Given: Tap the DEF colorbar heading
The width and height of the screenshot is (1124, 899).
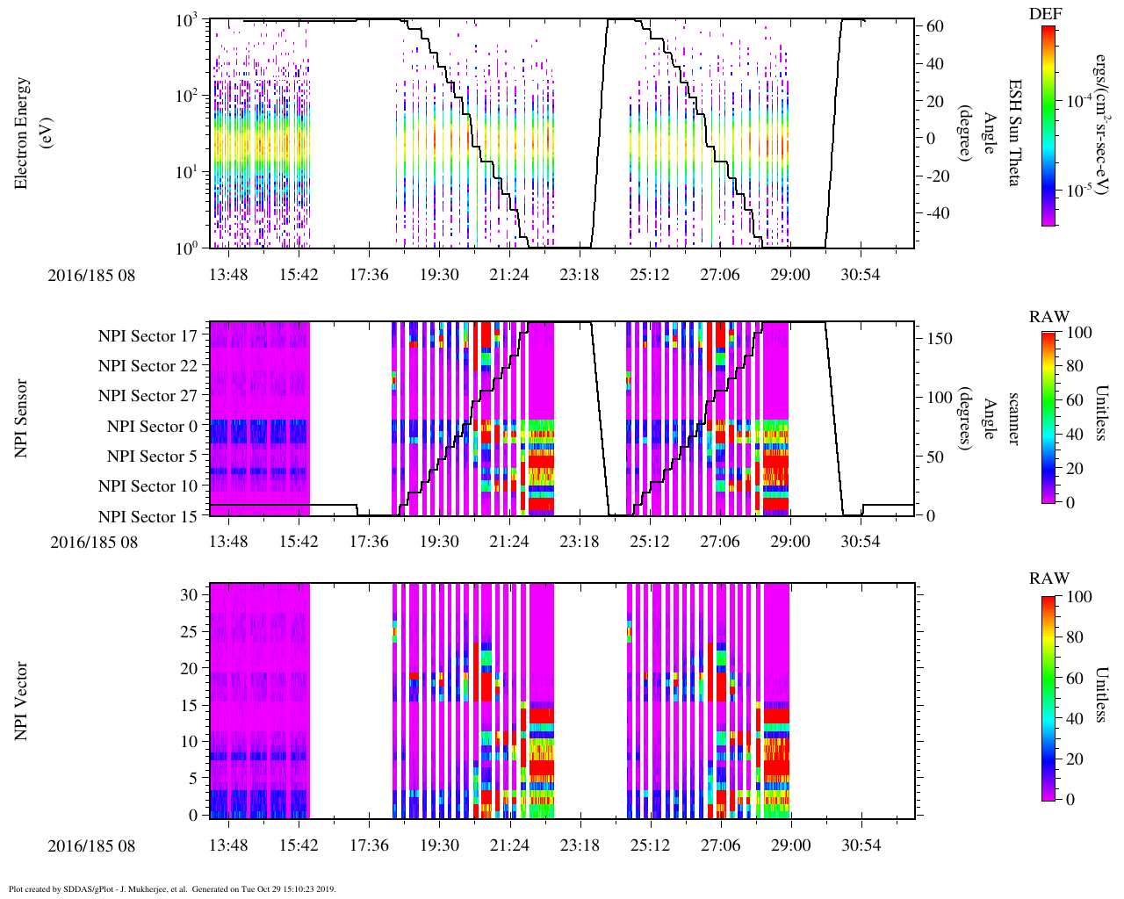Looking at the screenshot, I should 1045,14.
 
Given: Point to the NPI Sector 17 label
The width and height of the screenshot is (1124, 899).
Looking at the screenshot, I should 148,336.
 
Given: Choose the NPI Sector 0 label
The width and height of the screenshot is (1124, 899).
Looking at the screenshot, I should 152,427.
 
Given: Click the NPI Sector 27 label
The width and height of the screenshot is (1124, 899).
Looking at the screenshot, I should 148,396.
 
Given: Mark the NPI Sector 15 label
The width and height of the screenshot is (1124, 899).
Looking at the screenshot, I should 148,517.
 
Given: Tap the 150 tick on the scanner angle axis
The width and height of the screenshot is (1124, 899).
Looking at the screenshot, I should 940,339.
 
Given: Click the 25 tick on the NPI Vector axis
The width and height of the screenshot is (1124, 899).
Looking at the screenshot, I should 189,631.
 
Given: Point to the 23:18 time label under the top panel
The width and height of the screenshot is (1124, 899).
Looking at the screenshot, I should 579,275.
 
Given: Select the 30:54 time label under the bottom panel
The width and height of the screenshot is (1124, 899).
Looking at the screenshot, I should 860,846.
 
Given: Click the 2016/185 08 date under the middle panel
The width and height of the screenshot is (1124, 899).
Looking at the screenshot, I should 94,542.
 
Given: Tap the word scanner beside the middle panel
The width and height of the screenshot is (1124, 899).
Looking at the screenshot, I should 1012,418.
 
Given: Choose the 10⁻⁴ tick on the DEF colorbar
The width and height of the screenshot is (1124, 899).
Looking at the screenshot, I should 1078,102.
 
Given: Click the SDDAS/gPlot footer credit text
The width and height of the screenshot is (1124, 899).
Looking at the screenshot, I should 172,889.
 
